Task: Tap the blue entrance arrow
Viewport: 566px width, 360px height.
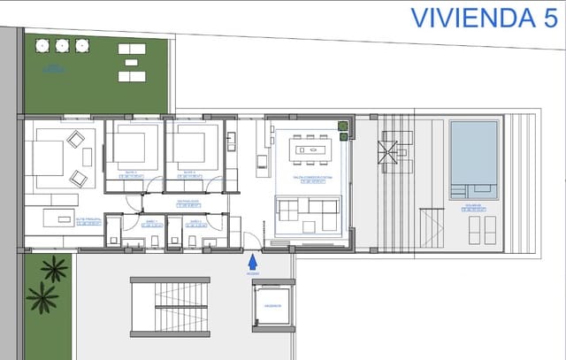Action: (252, 261)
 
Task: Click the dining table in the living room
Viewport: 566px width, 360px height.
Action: (312, 149)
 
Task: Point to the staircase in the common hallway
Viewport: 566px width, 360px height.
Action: (170, 306)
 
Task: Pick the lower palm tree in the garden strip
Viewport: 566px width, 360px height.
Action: (42, 297)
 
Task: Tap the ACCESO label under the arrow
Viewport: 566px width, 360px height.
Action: (252, 273)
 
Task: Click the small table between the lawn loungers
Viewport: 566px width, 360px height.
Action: (132, 63)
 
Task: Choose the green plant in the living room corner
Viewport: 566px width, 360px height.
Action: (341, 131)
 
